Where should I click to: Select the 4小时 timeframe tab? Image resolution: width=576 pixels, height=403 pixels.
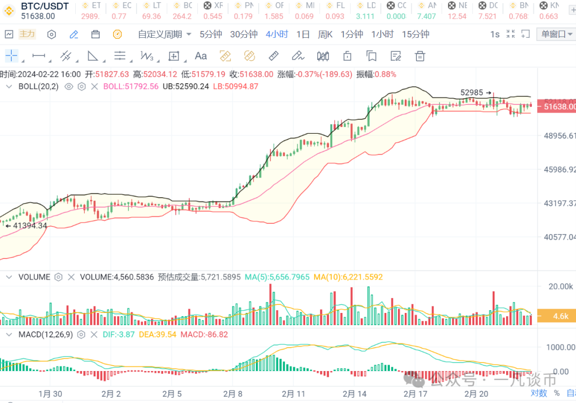click(x=277, y=34)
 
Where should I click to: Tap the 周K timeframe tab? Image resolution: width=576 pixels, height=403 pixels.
click(x=325, y=34)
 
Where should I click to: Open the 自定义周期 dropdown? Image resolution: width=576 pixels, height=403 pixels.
click(x=164, y=34)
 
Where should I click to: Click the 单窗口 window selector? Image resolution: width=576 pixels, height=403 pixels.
click(x=555, y=34)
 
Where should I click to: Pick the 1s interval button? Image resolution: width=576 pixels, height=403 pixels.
click(x=495, y=34)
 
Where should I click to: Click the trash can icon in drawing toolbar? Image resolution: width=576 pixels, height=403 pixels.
click(x=420, y=56)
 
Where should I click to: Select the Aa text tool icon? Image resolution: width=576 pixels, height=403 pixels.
click(x=201, y=56)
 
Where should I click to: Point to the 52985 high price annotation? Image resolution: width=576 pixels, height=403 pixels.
click(x=472, y=92)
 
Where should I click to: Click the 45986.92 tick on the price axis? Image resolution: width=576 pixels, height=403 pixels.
click(x=560, y=170)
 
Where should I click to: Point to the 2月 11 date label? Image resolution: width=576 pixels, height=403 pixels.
click(x=293, y=394)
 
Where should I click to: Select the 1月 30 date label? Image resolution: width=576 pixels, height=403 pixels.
click(x=50, y=394)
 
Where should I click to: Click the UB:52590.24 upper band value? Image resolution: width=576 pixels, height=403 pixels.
click(x=186, y=86)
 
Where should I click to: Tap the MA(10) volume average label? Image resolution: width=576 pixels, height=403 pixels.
click(x=348, y=277)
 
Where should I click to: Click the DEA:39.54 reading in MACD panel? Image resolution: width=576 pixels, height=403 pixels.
click(x=158, y=335)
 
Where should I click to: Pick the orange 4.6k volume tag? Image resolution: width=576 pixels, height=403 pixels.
click(x=560, y=316)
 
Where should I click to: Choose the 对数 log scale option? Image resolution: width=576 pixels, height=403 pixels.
click(x=539, y=393)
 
